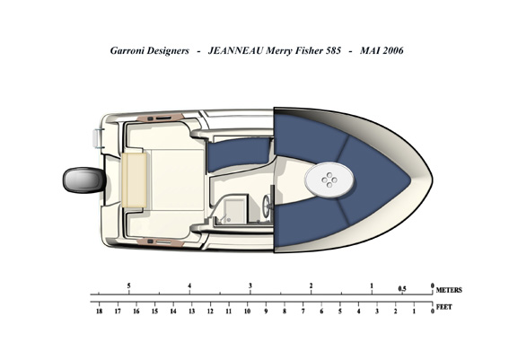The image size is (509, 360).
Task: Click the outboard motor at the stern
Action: (84, 180)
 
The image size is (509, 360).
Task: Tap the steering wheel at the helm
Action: (267, 206)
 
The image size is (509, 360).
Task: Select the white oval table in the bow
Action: (329, 180)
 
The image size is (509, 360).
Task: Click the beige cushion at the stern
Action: (135, 180)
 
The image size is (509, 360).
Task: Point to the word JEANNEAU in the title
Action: (235, 50)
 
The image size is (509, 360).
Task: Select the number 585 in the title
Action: (333, 50)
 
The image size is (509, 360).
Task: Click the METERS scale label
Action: (449, 290)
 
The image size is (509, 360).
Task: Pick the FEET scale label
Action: (444, 307)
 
